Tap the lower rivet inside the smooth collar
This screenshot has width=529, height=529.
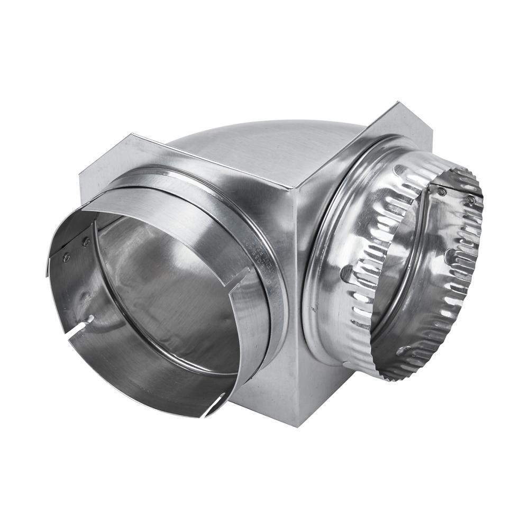[x=67, y=258]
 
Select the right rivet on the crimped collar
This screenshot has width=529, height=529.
[x=471, y=200]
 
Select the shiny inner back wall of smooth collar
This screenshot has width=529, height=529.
[x=175, y=296]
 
